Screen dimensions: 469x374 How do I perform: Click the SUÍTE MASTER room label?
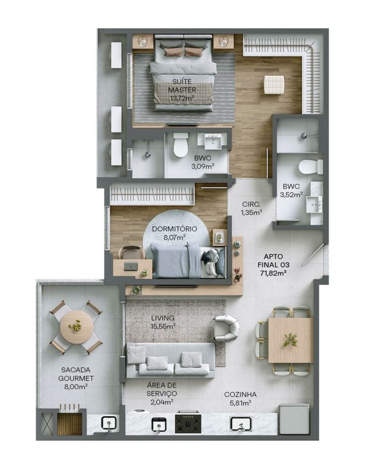pos(183,85)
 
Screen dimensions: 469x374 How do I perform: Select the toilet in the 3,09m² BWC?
pos(181,145)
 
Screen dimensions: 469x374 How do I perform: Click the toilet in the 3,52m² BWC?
pos(310,167)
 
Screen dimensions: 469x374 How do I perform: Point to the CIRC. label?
pos(251,204)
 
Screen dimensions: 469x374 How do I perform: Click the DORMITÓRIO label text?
pos(174,229)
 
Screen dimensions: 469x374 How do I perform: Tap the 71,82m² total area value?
pos(272,273)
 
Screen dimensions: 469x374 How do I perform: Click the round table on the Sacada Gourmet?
pos(76,327)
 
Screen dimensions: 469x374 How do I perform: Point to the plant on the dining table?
pos(291,340)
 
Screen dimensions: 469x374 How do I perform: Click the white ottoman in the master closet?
pos(274,84)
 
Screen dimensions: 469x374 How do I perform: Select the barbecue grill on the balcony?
pos(70,422)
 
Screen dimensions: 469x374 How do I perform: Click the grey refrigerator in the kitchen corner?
pos(294,419)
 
